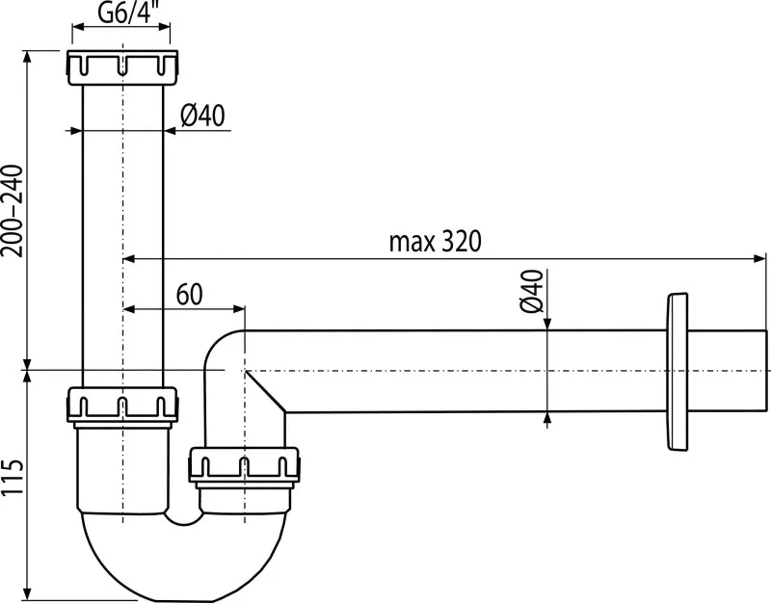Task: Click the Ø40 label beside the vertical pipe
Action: click(202, 116)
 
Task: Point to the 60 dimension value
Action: click(190, 293)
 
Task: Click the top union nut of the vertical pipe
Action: click(122, 67)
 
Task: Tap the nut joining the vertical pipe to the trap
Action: click(122, 403)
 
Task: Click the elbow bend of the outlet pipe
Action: click(223, 353)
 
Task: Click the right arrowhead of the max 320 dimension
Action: click(758, 258)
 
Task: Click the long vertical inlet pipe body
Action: click(122, 231)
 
